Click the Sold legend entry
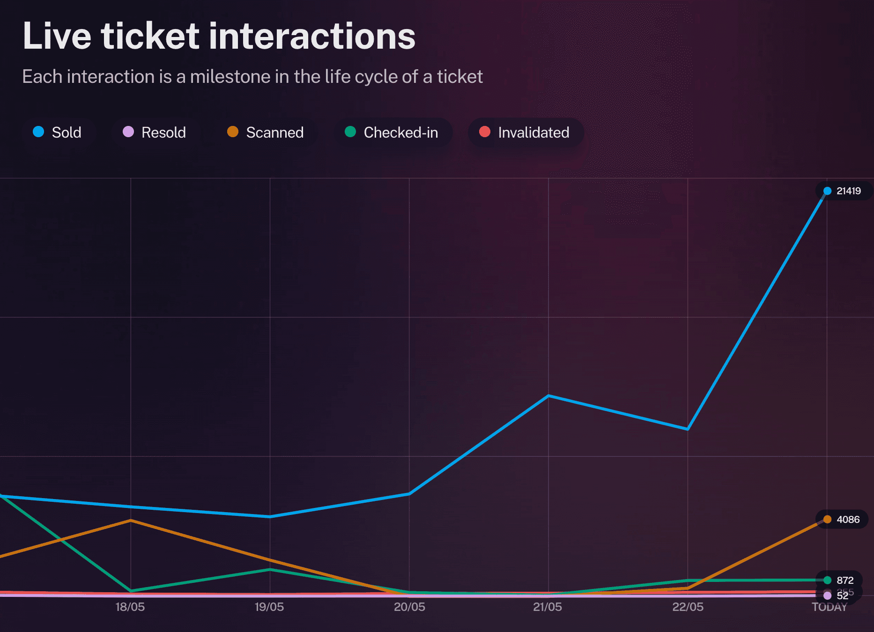coord(58,132)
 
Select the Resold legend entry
coord(155,132)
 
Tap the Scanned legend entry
coord(266,132)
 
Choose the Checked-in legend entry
coord(392,132)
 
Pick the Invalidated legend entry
coord(525,132)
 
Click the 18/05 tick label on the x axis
coord(130,607)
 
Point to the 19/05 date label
coord(269,607)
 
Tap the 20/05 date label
coord(409,607)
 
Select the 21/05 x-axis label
coord(548,607)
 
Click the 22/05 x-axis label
coord(688,607)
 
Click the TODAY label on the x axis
coord(829,608)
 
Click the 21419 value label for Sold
coord(848,191)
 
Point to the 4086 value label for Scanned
coord(848,520)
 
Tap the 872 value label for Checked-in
coord(845,581)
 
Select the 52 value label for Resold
coord(842,596)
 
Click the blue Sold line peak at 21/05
coord(548,396)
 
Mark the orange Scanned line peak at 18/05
coord(131,520)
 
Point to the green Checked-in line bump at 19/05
coord(270,569)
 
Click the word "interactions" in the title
coord(312,37)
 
